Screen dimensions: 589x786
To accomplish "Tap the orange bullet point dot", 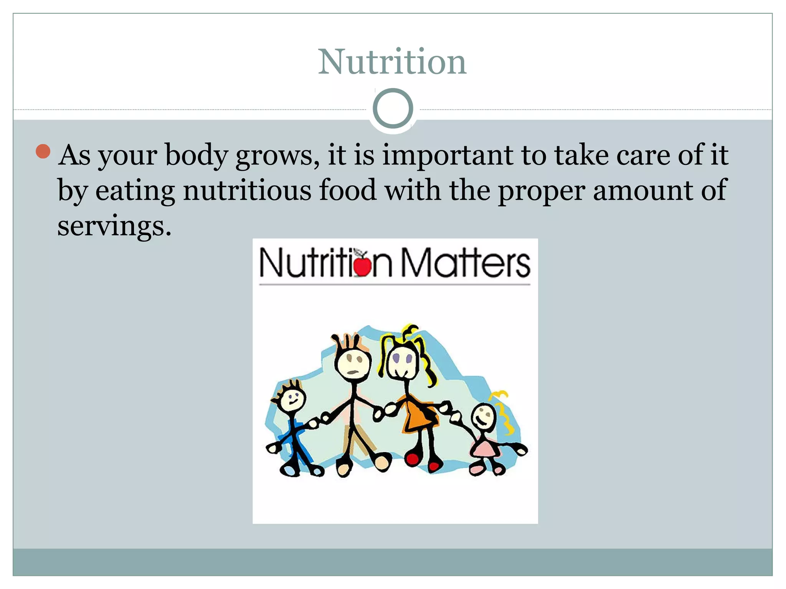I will click(x=43, y=151).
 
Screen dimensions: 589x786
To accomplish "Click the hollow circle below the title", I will click(x=393, y=109).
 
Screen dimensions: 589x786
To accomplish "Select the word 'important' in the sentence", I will click(x=447, y=155).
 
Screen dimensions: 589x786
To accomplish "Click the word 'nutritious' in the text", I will click(x=247, y=191).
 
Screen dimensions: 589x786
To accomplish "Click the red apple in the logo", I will click(x=362, y=265).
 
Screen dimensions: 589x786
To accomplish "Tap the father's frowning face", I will click(x=353, y=363).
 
